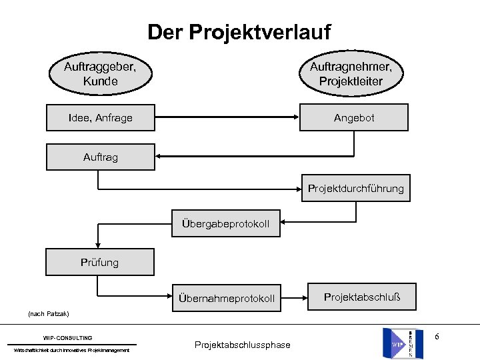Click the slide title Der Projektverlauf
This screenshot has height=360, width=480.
click(x=239, y=31)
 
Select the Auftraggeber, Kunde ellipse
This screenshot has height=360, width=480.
click(x=100, y=73)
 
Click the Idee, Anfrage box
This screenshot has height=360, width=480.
click(x=100, y=118)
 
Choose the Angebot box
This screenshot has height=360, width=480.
click(x=354, y=117)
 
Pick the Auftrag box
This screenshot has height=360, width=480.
click(x=99, y=157)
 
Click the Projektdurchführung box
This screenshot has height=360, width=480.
click(x=355, y=189)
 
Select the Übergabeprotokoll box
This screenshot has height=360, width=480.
click(x=226, y=223)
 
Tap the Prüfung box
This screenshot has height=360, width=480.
click(x=99, y=262)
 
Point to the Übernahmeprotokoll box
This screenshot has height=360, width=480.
click(x=226, y=298)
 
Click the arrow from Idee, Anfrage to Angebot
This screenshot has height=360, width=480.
click(x=227, y=118)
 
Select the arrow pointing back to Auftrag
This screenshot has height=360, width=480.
click(x=253, y=157)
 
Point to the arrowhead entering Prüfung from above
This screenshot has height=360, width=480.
click(x=99, y=245)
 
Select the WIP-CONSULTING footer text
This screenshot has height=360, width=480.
click(x=68, y=338)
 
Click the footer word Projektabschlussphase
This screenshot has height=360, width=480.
click(x=242, y=345)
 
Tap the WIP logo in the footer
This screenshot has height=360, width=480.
click(x=402, y=343)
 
